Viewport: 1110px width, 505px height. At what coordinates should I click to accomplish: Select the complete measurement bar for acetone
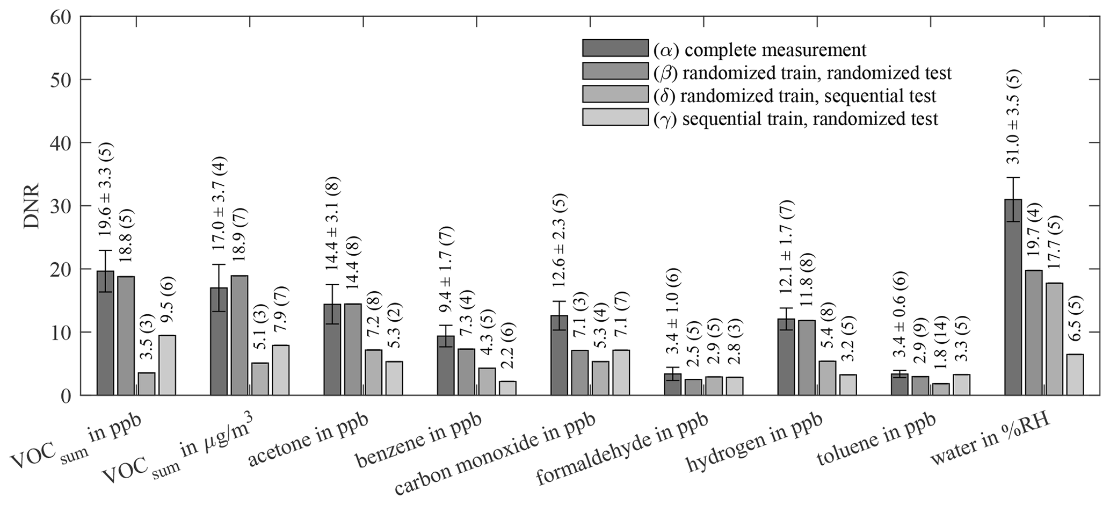332,349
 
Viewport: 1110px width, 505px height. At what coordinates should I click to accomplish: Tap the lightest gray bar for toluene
961,385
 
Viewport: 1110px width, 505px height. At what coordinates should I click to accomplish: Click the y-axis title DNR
32,206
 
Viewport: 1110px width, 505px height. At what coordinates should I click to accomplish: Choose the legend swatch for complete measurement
615,48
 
